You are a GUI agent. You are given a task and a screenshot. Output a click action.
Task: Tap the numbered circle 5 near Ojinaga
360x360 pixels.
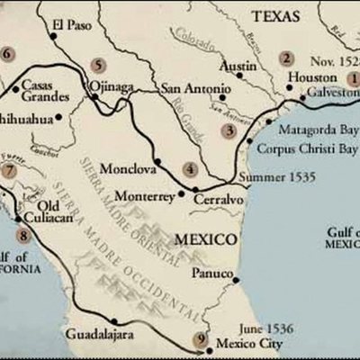coord(97,65)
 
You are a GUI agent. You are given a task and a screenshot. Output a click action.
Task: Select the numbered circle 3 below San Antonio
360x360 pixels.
coord(229,130)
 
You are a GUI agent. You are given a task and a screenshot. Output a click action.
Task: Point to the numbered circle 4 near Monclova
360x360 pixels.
coord(189,168)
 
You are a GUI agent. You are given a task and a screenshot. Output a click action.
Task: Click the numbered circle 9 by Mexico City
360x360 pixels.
coord(200,339)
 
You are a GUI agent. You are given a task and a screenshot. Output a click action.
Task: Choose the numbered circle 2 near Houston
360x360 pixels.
coord(286,59)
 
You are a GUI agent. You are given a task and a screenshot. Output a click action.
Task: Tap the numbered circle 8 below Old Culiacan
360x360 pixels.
coord(22,237)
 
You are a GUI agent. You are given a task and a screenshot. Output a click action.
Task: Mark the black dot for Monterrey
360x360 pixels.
coord(182,193)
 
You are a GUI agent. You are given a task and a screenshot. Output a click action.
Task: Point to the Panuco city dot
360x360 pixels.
coord(236,280)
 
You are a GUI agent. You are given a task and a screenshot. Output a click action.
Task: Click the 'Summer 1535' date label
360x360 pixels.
coord(278,177)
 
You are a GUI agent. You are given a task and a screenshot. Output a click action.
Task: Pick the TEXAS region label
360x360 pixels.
coord(274,16)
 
